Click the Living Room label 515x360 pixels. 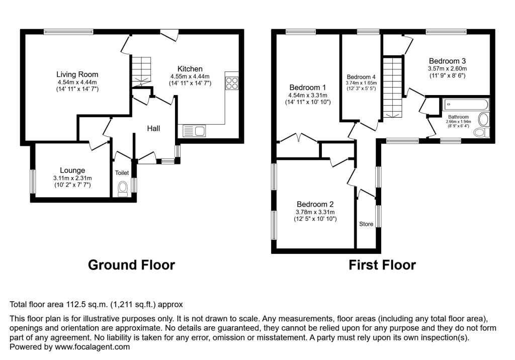pyautogui.click(x=77, y=74)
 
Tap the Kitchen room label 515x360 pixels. pyautogui.click(x=190, y=69)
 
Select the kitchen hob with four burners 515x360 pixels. pyautogui.click(x=232, y=82)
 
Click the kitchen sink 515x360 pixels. pyautogui.click(x=194, y=131)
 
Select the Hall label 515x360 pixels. pyautogui.click(x=153, y=129)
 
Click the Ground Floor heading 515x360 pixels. pyautogui.click(x=131, y=265)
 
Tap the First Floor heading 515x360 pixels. pyautogui.click(x=382, y=265)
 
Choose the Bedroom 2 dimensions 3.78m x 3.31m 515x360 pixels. pyautogui.click(x=315, y=212)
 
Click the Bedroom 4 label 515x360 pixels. pyautogui.click(x=361, y=77)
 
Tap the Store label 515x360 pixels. pyautogui.click(x=366, y=224)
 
